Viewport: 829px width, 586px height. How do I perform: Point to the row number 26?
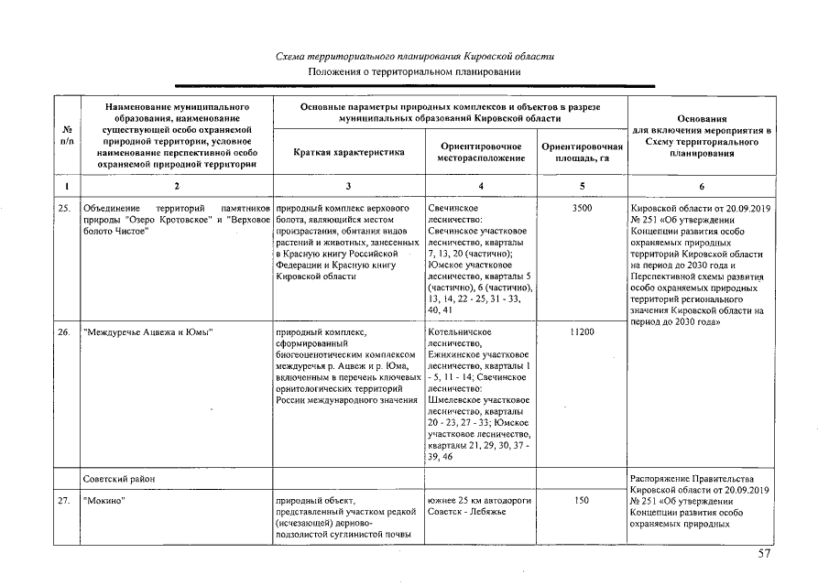point(65,331)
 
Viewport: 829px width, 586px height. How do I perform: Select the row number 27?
point(65,500)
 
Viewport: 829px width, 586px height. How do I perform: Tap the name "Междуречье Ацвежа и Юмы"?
point(147,331)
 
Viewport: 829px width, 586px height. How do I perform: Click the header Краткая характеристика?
point(349,152)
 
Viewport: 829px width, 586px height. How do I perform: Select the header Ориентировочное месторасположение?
point(481,152)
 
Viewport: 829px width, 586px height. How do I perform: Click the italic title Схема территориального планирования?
point(415,56)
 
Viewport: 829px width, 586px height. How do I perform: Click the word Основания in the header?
point(701,118)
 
